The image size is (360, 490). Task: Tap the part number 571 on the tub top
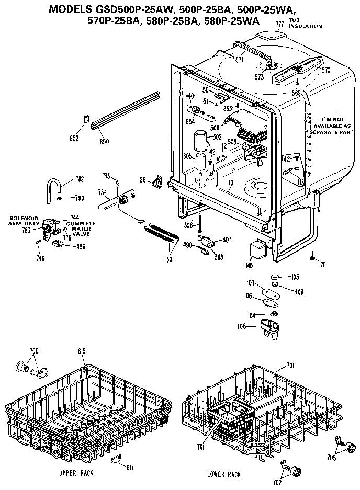239,60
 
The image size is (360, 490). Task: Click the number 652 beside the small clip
74,138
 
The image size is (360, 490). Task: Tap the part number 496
81,246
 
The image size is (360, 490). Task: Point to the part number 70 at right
323,265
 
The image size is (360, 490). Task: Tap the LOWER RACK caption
223,474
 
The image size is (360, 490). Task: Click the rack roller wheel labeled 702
296,474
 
